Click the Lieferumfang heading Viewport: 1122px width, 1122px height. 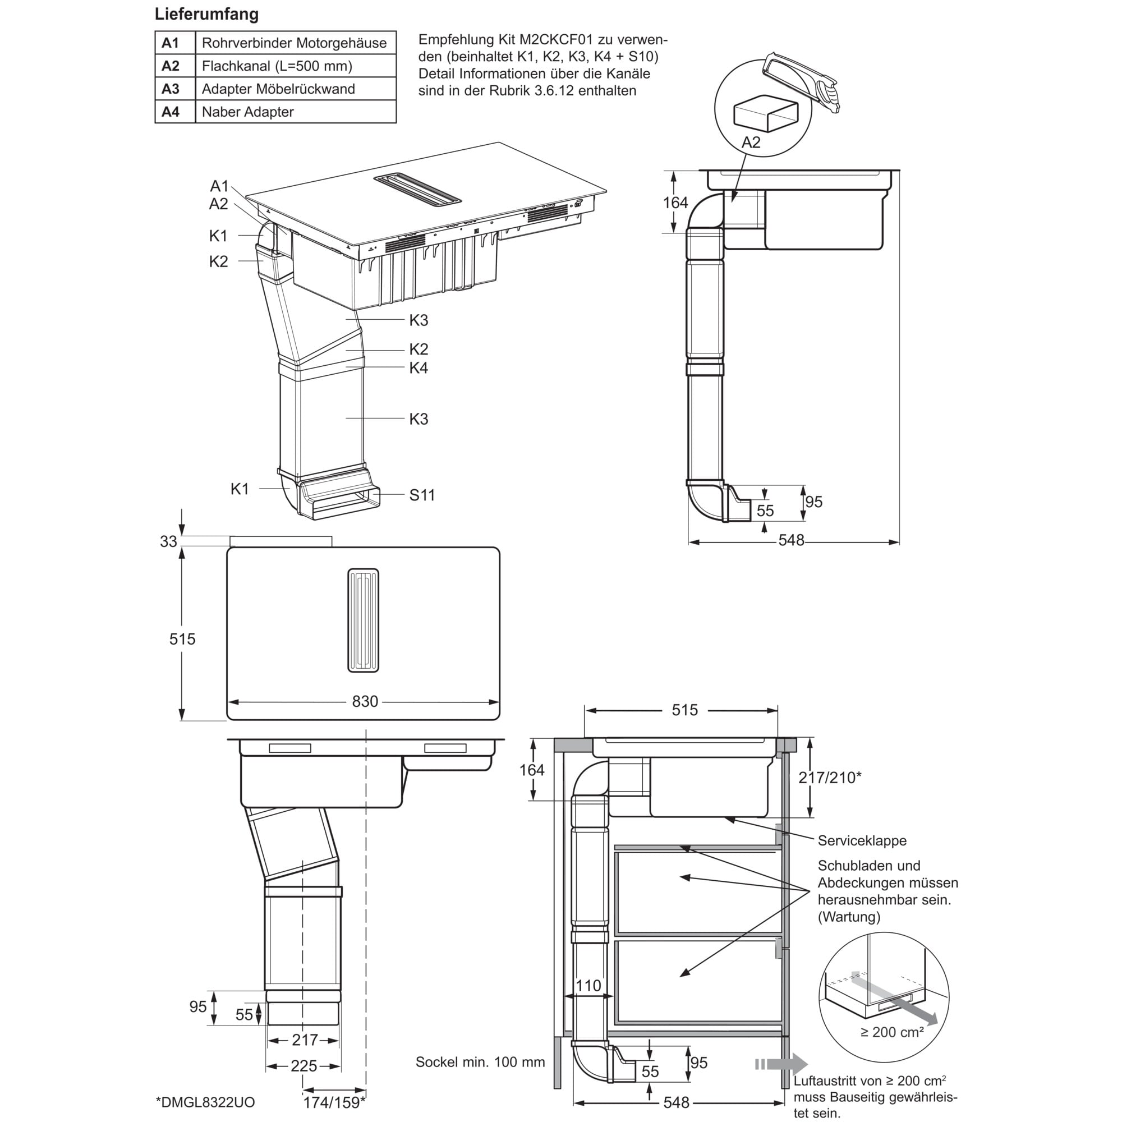[207, 15]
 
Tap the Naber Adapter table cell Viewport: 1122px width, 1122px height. [296, 112]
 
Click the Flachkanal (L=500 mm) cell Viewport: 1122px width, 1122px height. [296, 66]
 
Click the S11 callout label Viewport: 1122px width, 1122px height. [422, 495]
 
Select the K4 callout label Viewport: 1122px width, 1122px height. [418, 367]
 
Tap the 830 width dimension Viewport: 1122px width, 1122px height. [365, 702]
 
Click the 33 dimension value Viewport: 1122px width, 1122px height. [168, 541]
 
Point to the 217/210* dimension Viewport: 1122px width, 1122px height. [829, 778]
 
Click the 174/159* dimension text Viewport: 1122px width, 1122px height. [334, 1102]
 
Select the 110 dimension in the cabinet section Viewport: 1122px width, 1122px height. [588, 986]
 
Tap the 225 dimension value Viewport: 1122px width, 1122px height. [304, 1066]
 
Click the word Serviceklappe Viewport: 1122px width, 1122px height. [862, 840]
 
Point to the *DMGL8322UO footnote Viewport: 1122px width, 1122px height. [205, 1102]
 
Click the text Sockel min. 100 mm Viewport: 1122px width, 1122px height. [480, 1062]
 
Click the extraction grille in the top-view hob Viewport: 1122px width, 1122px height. [364, 620]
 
